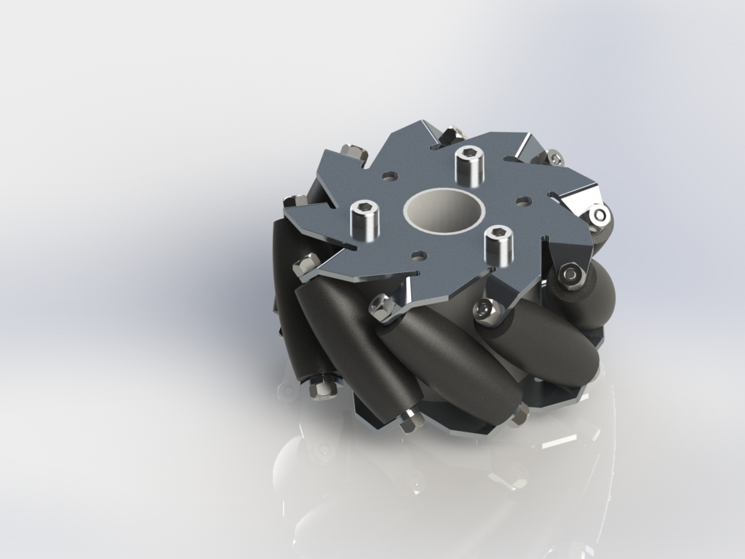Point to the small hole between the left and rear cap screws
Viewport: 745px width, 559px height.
pyautogui.click(x=391, y=176)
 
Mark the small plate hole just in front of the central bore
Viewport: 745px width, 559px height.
pyautogui.click(x=418, y=255)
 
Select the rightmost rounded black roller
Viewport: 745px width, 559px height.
pyautogui.click(x=593, y=291)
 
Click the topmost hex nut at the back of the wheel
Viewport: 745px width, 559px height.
pyautogui.click(x=453, y=134)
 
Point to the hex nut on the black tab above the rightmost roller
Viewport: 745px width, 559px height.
pyautogui.click(x=571, y=274)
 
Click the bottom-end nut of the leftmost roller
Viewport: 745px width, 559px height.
pyautogui.click(x=320, y=389)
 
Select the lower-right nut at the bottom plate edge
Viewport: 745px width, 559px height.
pyautogui.click(x=519, y=415)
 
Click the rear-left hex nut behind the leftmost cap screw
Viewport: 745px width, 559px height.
pyautogui.click(x=353, y=152)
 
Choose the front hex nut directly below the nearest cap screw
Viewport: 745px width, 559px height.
pyautogui.click(x=485, y=311)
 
